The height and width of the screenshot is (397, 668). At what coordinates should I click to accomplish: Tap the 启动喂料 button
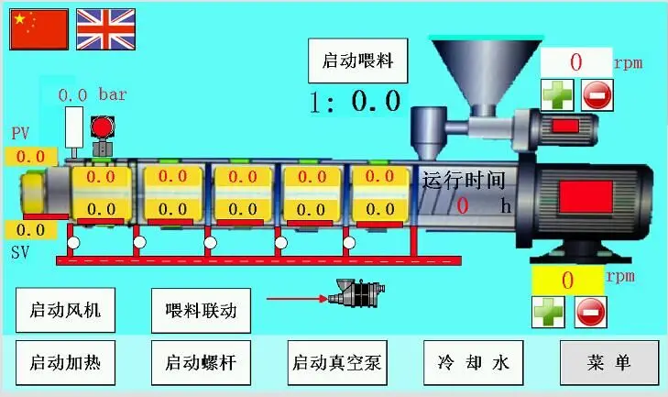357,61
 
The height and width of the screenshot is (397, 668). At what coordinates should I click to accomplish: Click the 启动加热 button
65,361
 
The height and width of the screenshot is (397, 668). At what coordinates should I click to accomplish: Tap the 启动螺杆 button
200,361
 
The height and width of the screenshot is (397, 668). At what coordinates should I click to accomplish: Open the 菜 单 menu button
608,361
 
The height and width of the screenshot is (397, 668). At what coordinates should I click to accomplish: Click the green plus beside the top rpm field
556,94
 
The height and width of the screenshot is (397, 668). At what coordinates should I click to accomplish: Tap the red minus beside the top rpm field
597,94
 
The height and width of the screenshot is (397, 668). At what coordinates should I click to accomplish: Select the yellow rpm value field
566,280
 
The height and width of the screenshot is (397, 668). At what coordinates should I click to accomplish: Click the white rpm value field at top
575,62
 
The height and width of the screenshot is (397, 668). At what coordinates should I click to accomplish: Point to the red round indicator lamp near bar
102,127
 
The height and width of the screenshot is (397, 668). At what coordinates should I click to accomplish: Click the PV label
20,134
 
